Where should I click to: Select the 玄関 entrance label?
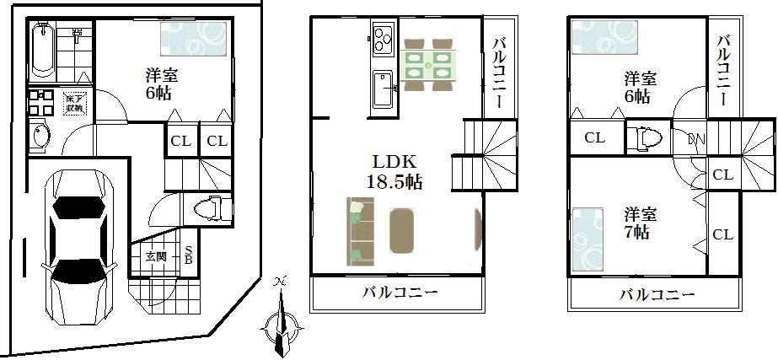pos(155,256)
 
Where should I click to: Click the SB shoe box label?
pos(189,255)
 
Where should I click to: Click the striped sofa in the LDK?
pos(359,230)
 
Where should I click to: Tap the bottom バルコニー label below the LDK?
pos(400,293)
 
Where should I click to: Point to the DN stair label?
pos(697,138)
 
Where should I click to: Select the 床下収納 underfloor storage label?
pos(75,103)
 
